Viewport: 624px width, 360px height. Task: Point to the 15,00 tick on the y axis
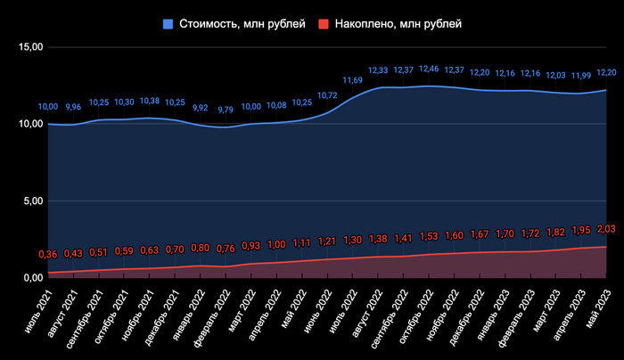(x=26, y=46)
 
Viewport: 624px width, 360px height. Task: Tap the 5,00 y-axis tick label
(x=29, y=201)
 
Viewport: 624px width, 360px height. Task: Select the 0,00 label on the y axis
(x=29, y=278)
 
